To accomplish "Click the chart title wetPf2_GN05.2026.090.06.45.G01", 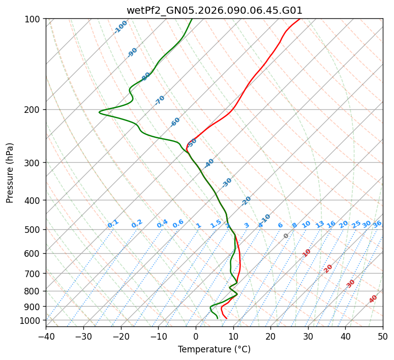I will click(214, 10).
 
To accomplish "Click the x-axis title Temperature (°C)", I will click(214, 350).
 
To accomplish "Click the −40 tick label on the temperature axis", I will click(46, 337).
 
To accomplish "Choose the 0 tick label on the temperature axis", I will click(196, 337).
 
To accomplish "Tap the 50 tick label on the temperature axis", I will click(383, 337).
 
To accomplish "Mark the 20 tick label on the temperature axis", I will click(270, 337).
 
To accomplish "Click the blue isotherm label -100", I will click(121, 26).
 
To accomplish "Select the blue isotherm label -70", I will click(160, 100).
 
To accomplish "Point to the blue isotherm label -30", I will click(227, 183).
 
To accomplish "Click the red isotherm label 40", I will click(373, 299).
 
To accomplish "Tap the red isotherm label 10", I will click(307, 253).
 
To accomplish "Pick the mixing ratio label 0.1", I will click(113, 223).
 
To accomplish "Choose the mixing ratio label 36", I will click(377, 224).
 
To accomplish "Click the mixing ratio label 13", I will click(320, 224).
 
